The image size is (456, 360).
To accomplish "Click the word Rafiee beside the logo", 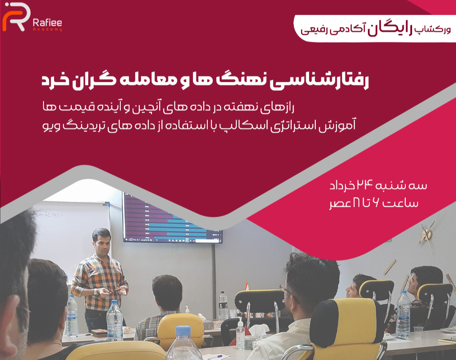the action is [x=47, y=23].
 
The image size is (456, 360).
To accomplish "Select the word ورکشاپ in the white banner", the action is [x=432, y=30].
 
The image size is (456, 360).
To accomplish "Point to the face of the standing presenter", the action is [x=101, y=243].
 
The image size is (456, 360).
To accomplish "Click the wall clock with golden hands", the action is [x=427, y=234].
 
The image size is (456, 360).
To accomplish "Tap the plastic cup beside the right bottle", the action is [x=418, y=333].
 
